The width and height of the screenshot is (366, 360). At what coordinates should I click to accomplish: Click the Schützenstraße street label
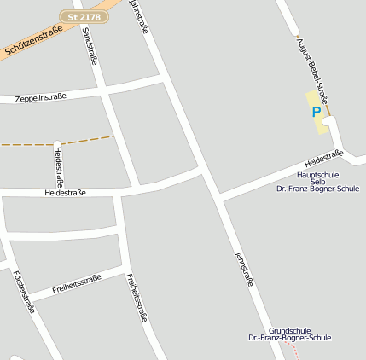33,41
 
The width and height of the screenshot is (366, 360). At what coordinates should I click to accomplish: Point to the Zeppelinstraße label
41,99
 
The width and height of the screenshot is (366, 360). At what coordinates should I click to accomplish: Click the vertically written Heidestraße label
58,165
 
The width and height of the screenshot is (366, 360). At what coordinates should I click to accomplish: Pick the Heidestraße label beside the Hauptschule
324,158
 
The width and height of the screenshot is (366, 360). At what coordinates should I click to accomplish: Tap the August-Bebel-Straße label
313,63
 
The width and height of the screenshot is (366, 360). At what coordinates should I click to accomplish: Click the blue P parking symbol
317,112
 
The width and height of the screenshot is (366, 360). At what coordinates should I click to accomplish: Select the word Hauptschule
317,174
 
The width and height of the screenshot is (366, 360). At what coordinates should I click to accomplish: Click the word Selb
317,181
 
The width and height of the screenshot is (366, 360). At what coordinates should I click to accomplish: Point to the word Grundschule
289,330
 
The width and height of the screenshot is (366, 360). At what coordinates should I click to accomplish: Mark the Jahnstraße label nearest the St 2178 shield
138,15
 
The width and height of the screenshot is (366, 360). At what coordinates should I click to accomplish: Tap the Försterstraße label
23,291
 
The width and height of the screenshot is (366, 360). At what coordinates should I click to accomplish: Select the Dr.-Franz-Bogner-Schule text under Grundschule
289,338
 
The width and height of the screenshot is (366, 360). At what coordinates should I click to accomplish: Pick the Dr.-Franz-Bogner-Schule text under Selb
317,189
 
